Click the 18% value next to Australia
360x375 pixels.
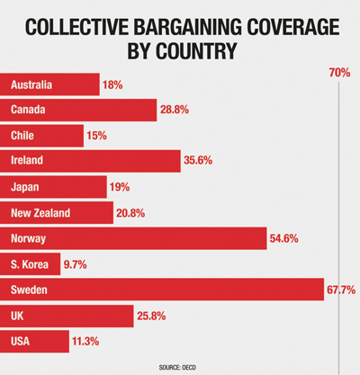pyautogui.click(x=112, y=85)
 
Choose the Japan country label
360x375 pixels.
pyautogui.click(x=29, y=187)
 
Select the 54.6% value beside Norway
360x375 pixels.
pyautogui.click(x=285, y=238)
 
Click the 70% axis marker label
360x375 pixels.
pyautogui.click(x=339, y=72)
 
